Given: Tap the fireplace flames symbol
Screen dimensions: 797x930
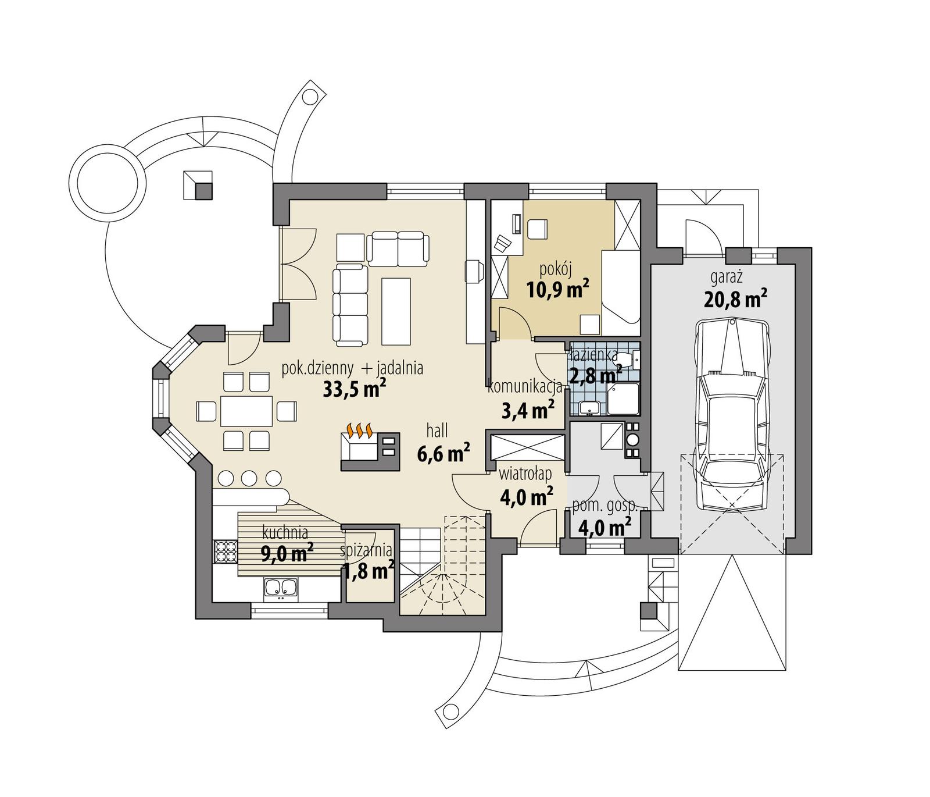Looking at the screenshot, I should (359, 431).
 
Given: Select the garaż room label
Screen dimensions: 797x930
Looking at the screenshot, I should (725, 277).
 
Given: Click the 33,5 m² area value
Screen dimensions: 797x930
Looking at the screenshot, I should (355, 389).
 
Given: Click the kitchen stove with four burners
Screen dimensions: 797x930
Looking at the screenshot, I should (226, 552).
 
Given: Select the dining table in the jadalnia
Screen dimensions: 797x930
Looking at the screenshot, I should (246, 411).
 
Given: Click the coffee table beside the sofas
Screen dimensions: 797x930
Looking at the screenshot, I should (396, 311).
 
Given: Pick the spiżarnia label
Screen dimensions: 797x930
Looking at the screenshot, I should (366, 550).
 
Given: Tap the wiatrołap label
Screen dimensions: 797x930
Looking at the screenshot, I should (525, 474).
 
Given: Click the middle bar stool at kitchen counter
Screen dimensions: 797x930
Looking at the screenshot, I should (249, 478).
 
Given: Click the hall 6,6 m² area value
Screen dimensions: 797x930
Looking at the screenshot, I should (443, 453).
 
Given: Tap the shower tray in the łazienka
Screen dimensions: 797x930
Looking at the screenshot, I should (623, 398).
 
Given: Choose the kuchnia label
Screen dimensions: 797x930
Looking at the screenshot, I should (285, 532).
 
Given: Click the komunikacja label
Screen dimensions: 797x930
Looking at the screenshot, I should (525, 386).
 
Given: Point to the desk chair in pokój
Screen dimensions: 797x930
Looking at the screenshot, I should (538, 229).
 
